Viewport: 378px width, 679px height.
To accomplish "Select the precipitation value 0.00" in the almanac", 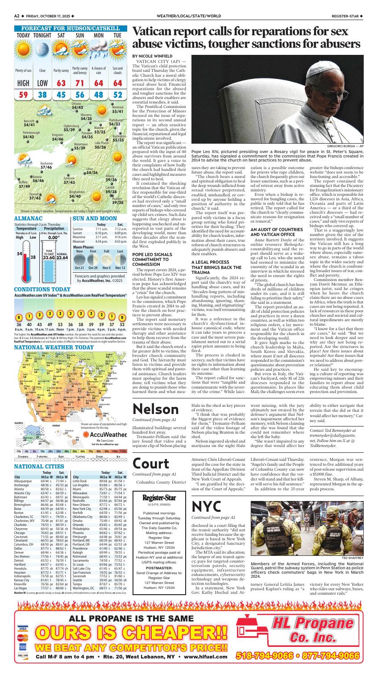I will tap(52, 238).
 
